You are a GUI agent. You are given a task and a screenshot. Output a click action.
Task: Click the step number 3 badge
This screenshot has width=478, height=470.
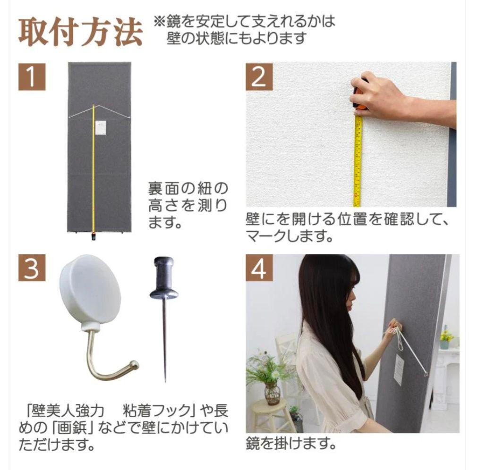tap(32, 268)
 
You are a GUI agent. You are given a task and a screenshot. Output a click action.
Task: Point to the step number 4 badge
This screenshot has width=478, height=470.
tap(258, 268)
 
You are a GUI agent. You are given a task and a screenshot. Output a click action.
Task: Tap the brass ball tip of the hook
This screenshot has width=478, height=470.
tap(135, 364)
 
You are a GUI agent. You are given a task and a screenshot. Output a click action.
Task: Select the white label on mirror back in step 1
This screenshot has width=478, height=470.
tap(101, 128)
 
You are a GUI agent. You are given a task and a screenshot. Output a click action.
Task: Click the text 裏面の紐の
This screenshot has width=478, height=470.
tap(188, 189)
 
